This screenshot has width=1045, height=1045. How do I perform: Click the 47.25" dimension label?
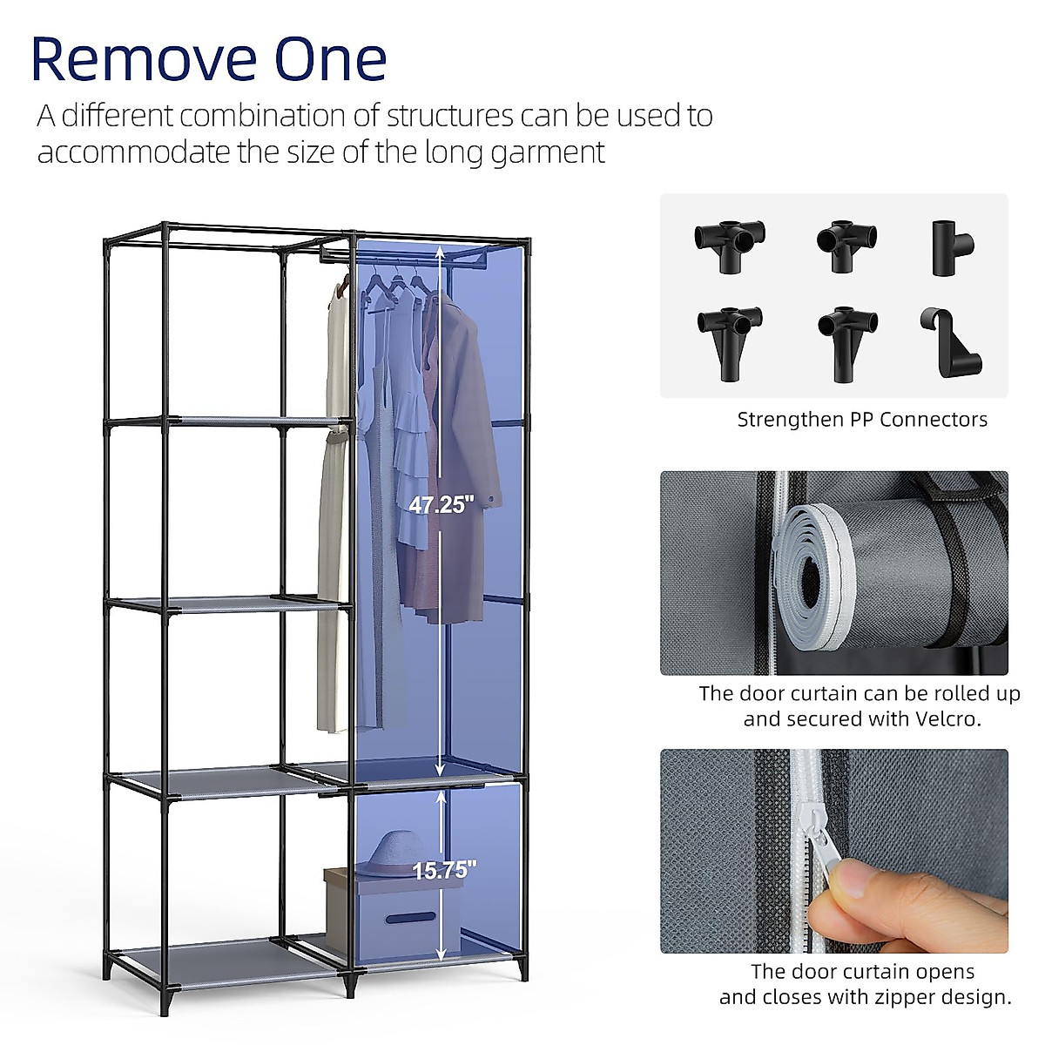[442, 504]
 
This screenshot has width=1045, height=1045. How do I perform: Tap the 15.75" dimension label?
[444, 870]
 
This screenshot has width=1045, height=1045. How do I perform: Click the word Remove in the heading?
[139, 59]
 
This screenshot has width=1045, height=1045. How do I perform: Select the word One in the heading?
[331, 59]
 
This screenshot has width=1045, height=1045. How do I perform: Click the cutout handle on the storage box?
[410, 918]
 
